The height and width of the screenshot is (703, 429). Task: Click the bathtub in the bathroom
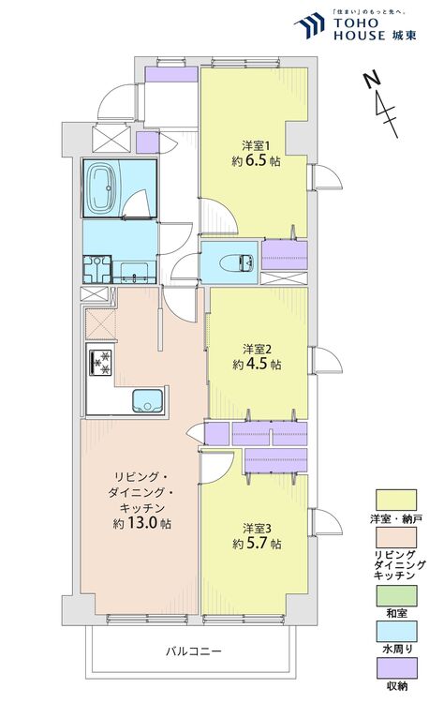[x=105, y=188]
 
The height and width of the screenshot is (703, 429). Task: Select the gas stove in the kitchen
[x=100, y=362]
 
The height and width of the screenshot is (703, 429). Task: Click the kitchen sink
[x=147, y=400]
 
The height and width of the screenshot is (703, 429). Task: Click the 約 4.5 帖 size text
[x=257, y=364]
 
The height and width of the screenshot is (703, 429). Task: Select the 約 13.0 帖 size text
[x=141, y=523]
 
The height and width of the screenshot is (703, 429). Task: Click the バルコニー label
[x=194, y=651]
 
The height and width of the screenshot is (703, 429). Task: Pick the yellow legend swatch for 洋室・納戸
[x=396, y=500]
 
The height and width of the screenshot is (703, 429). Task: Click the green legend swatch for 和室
[x=396, y=596]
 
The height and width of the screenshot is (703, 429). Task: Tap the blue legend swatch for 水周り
[x=396, y=632]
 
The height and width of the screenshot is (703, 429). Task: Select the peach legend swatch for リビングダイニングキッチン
[x=396, y=538]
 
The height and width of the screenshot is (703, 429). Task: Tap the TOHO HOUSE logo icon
[x=309, y=25]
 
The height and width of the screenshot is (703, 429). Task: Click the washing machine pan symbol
[x=96, y=269]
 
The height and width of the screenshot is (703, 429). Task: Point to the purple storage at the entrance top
[x=171, y=74]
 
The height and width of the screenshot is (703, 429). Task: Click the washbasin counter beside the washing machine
[x=134, y=273]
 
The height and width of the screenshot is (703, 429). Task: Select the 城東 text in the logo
[x=404, y=35]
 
